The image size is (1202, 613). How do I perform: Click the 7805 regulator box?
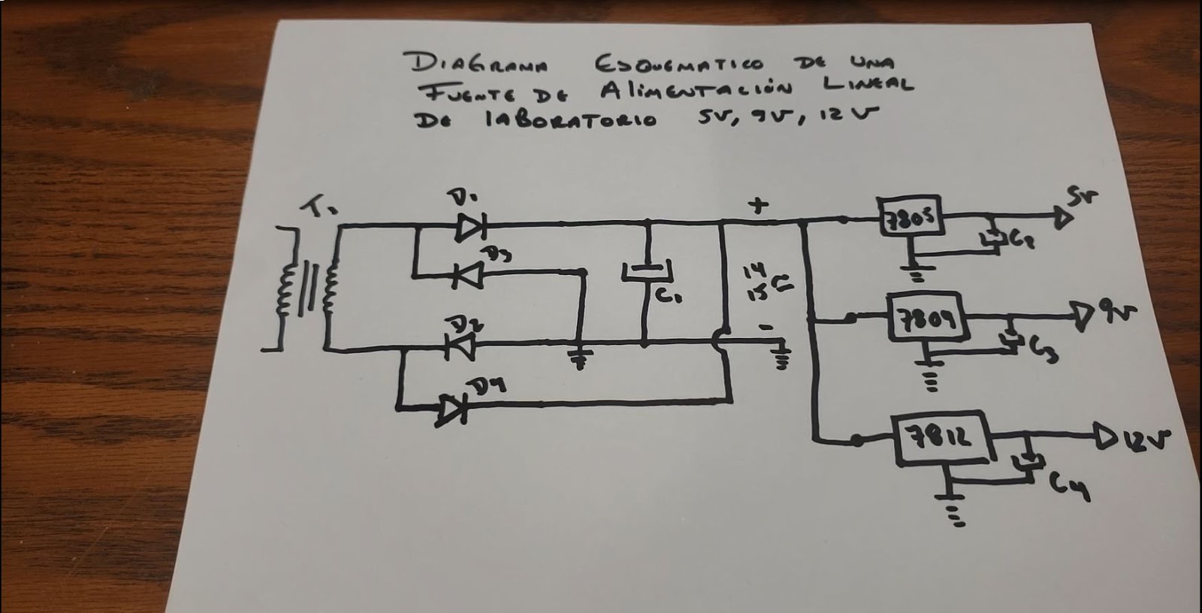click(909, 220)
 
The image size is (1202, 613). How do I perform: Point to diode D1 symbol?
click(471, 224)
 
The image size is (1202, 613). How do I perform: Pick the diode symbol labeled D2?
click(461, 345)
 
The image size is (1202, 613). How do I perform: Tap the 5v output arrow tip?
click(1062, 218)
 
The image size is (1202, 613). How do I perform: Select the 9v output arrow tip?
click(1083, 316)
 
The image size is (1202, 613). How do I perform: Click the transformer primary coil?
click(286, 289)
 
